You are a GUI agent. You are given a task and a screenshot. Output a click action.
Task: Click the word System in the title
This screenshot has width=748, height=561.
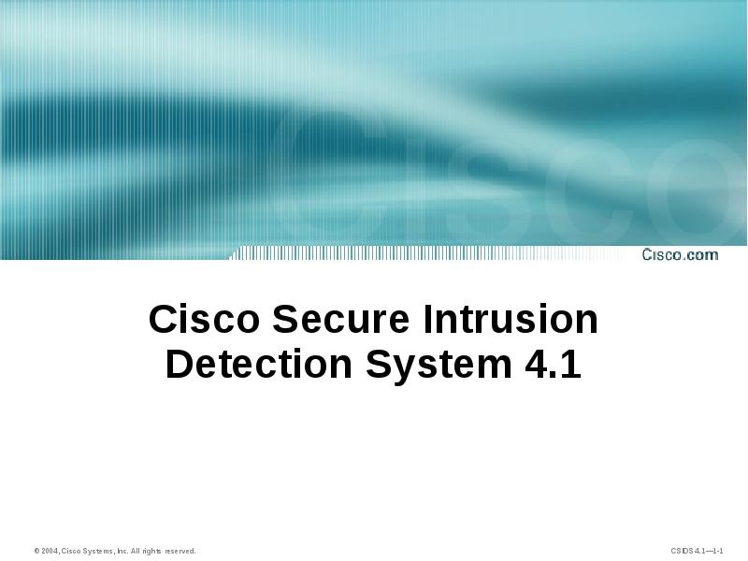coord(436,365)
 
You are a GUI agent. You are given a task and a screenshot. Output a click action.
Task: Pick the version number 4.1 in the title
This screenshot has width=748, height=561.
coord(549,365)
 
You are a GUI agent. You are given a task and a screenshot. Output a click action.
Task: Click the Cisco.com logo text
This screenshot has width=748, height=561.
coord(680,254)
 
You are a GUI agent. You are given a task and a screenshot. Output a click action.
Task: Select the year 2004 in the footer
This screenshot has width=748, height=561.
coord(49,552)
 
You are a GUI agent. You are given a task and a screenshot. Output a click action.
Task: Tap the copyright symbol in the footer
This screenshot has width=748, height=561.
coord(36,552)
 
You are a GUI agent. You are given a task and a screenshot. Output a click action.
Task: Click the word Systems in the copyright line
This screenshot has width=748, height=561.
coord(98,552)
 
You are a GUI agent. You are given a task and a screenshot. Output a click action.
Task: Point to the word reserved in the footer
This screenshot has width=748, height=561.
coord(180,552)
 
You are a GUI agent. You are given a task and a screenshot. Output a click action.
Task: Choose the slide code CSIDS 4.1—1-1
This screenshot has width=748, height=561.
coord(697,552)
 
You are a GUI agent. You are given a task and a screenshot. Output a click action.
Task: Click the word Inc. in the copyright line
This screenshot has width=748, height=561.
coord(122,552)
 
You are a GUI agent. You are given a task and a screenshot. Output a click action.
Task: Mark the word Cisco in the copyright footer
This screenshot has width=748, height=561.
coord(71,552)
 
